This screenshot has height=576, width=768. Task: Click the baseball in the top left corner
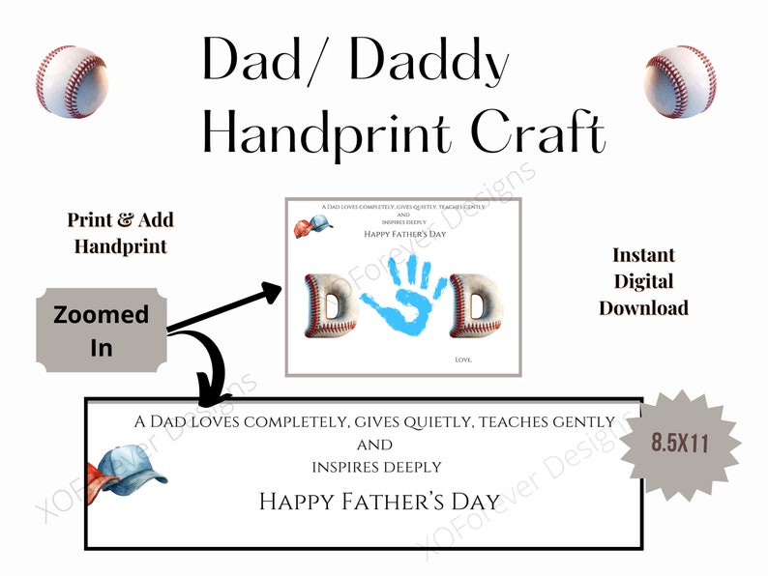[x=73, y=82]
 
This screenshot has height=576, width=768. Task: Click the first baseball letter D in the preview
[x=324, y=308]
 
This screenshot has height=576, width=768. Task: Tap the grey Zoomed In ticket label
[x=101, y=330]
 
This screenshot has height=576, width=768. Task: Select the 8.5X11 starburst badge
[x=679, y=445]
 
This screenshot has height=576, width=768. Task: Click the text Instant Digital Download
[x=643, y=281]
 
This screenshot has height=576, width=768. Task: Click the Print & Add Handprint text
[x=120, y=233]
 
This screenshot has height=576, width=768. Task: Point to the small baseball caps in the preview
[x=313, y=227]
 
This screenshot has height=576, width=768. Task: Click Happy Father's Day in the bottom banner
[x=379, y=502]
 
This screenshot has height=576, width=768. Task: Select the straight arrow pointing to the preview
[x=224, y=308]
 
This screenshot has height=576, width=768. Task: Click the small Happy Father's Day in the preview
[x=402, y=233]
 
